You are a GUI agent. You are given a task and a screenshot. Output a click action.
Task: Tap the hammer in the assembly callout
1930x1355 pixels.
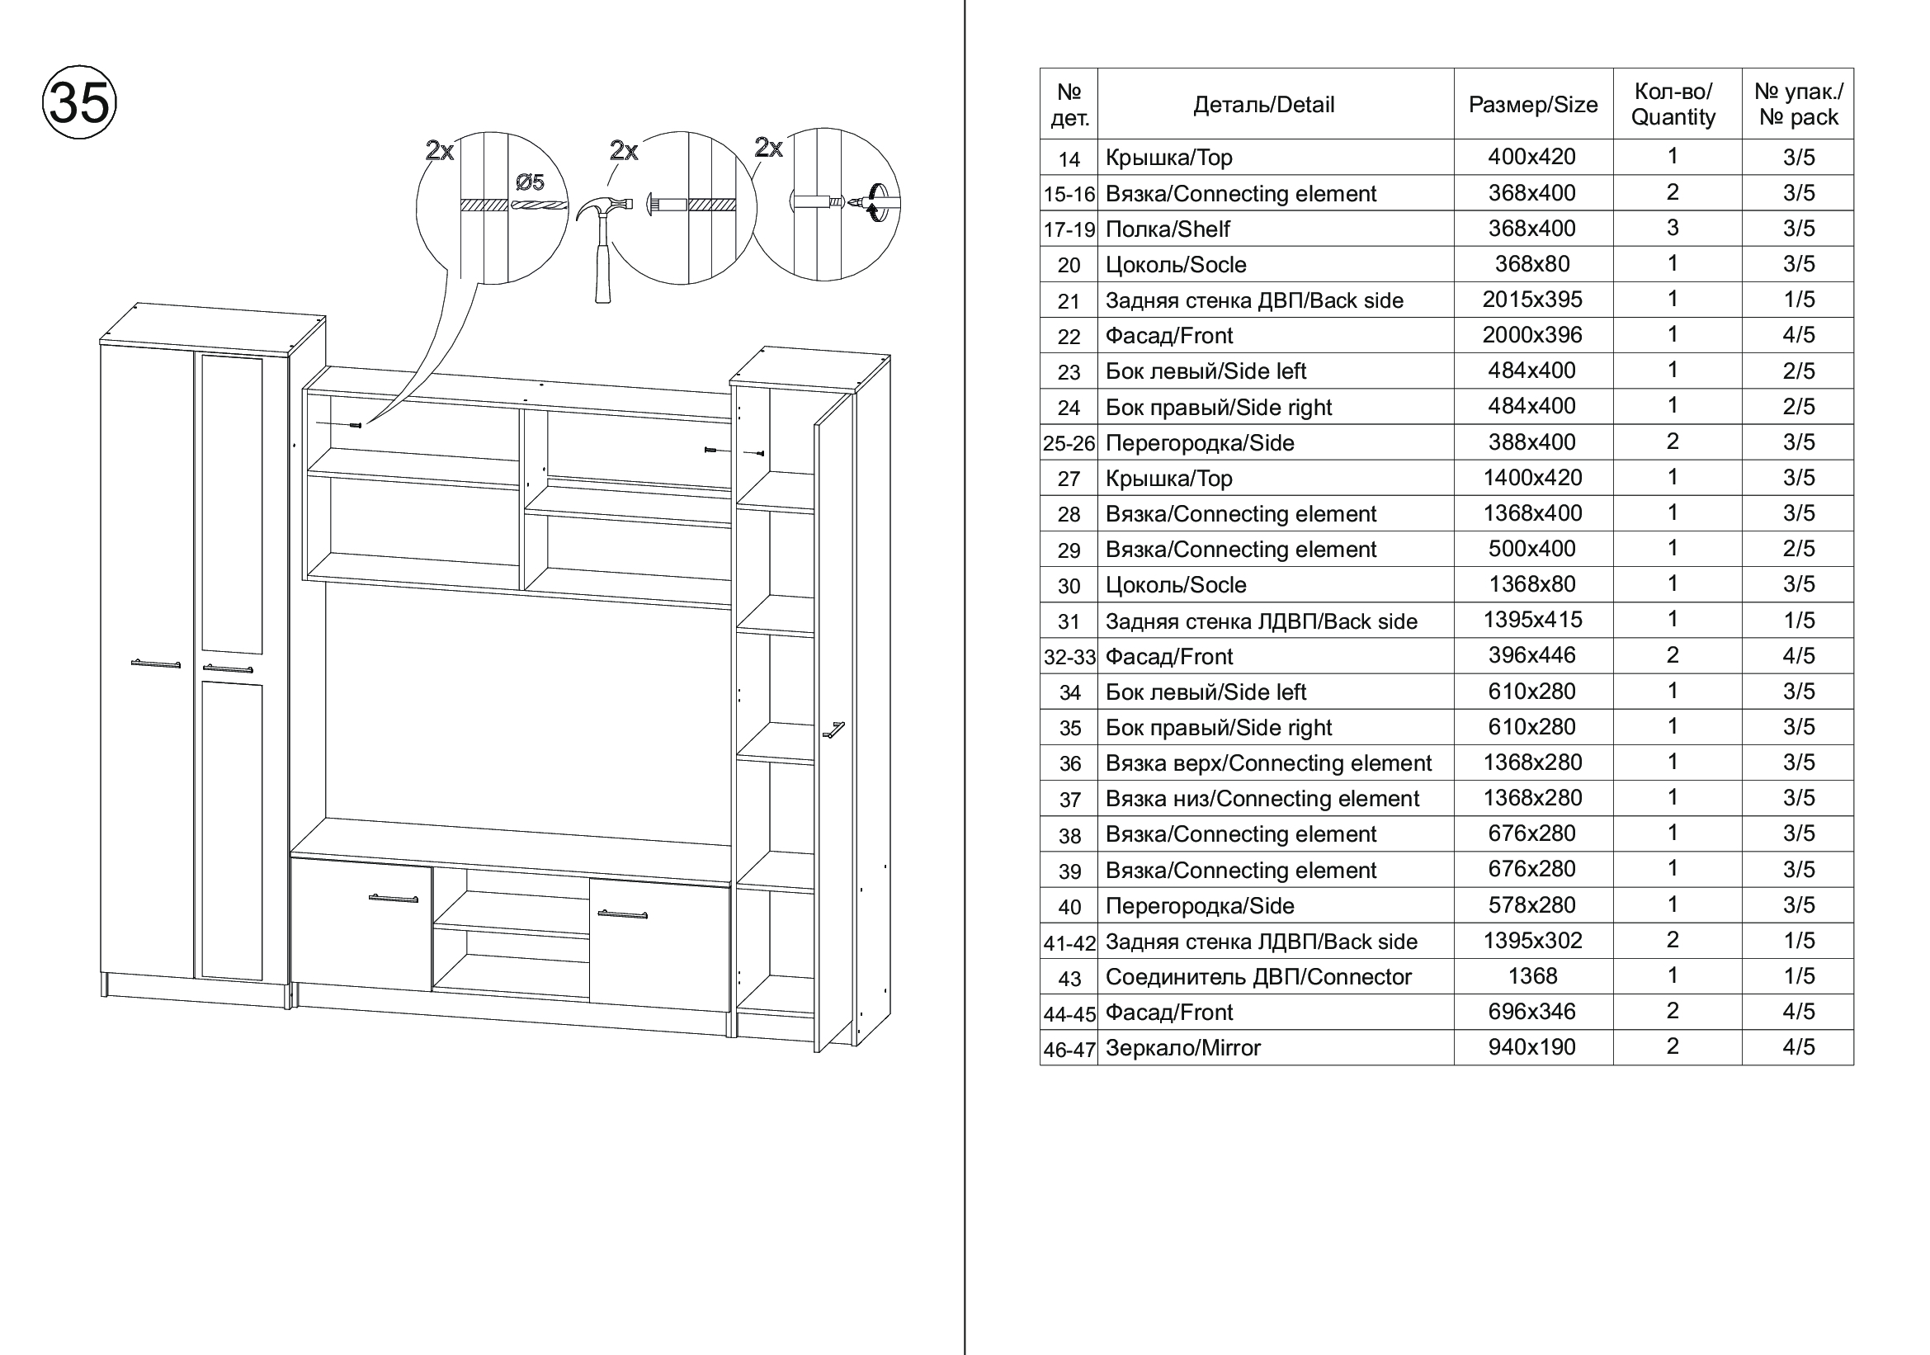pos(601,243)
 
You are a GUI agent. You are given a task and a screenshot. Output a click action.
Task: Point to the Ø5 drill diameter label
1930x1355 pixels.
pos(530,182)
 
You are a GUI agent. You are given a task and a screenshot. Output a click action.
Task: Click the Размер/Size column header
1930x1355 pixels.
pos(1532,105)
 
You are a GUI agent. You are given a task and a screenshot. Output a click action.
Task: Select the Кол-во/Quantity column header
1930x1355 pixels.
pos(1672,105)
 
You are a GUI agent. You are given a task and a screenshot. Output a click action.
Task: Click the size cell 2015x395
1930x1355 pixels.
pos(1531,300)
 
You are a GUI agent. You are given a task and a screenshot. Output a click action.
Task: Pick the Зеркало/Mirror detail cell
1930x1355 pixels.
pos(1182,1048)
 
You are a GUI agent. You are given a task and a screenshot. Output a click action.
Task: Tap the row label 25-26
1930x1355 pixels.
pos(1069,443)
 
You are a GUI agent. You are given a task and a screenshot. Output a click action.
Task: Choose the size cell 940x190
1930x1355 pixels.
pos(1531,1047)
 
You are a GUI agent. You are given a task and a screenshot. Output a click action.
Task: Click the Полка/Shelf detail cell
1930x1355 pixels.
pos(1168,229)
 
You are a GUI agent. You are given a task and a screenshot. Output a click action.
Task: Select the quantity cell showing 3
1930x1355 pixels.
pos(1672,228)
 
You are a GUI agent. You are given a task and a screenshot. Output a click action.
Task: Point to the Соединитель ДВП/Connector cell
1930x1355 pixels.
pos(1258,977)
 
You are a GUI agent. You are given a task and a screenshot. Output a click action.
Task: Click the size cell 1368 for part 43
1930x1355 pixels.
pos(1531,976)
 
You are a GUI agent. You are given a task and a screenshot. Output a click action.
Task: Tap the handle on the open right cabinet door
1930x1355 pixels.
pos(833,730)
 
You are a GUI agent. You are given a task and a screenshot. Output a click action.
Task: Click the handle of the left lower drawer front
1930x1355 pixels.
pos(394,899)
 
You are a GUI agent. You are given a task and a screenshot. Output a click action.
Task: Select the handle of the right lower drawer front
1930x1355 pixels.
pos(622,914)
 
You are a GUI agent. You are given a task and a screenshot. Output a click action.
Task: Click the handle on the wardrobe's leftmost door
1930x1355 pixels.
pos(155,664)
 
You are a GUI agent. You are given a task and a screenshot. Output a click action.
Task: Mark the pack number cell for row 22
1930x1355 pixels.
pos(1798,335)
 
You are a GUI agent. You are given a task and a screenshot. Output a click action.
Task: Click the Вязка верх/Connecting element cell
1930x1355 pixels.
pos(1267,763)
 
